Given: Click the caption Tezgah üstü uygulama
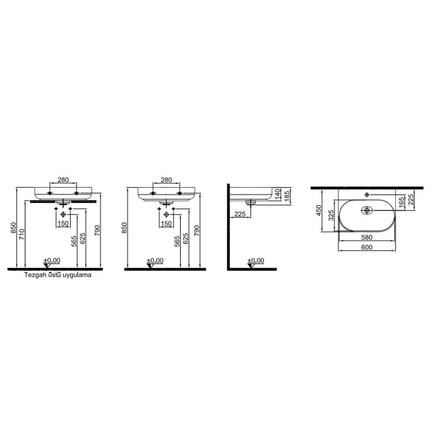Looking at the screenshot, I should pyautogui.click(x=57, y=276).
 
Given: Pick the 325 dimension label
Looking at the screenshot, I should pyautogui.click(x=331, y=215).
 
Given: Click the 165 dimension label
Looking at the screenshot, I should pyautogui.click(x=402, y=203).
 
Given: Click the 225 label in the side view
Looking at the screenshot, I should pyautogui.click(x=239, y=214).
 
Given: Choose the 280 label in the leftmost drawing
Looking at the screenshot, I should pyautogui.click(x=63, y=180).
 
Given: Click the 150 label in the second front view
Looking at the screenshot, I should pyautogui.click(x=166, y=224).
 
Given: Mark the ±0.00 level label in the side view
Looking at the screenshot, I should pyautogui.click(x=256, y=261).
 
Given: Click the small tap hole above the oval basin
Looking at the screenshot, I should pyautogui.click(x=367, y=194).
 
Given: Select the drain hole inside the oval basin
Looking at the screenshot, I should pyautogui.click(x=367, y=210).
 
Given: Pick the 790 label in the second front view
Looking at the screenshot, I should pyautogui.click(x=197, y=229).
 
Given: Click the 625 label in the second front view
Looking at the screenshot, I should pyautogui.click(x=185, y=239).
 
